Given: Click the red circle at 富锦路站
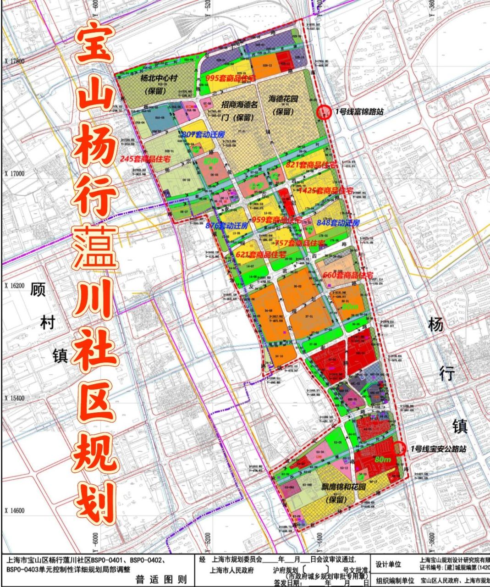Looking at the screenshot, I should tap(324, 112).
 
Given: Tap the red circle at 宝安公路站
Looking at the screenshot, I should tap(400, 449).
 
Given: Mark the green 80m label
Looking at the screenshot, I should tap(383, 459).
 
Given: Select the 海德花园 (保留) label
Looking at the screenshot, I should tap(283, 105).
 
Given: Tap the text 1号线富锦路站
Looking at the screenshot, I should tap(359, 111).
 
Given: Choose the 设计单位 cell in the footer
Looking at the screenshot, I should tap(388, 565).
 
